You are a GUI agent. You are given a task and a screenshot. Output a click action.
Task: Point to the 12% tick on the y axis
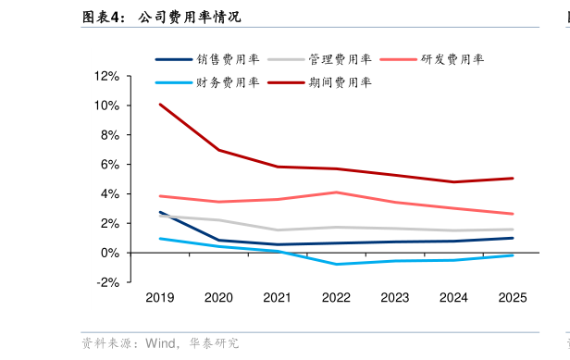tap(107, 76)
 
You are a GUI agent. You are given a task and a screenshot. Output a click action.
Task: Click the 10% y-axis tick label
tap(107, 106)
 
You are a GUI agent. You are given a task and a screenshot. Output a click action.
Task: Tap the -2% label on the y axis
tap(107, 282)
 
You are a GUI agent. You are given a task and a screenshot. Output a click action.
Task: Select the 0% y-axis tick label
tap(110, 253)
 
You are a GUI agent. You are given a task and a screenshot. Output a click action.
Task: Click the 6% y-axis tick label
tap(110, 165)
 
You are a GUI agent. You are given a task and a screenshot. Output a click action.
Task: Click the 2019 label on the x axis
tap(160, 297)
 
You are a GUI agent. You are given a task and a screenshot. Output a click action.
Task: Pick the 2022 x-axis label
tap(336, 297)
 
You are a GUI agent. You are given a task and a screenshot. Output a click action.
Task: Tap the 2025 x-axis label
tap(513, 297)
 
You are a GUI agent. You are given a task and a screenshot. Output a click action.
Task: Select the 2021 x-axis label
tap(278, 297)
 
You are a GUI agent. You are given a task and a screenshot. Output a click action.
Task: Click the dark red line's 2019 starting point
tap(160, 105)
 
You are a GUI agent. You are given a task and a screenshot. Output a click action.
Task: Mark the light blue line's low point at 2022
tap(336, 265)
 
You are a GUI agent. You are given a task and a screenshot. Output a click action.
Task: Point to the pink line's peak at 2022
tap(336, 192)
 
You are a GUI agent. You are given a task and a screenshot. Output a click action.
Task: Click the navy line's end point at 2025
tap(513, 238)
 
